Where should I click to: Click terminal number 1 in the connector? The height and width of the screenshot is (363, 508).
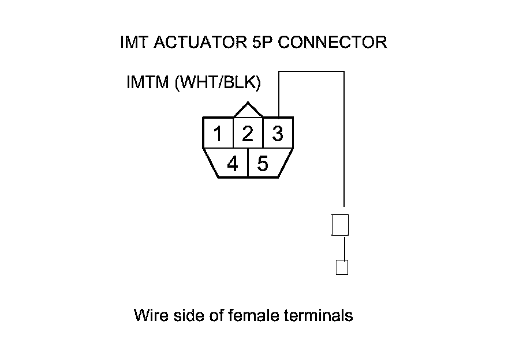(x=218, y=134)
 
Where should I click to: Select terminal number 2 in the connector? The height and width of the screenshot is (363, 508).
(x=248, y=134)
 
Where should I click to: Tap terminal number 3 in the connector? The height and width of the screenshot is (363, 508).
(x=278, y=134)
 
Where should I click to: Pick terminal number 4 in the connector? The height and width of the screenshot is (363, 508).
(x=232, y=164)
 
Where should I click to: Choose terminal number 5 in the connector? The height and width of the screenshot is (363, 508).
(x=263, y=164)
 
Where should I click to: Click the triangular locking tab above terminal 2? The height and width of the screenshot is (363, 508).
(x=248, y=110)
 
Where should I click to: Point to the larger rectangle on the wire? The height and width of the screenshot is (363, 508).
(x=341, y=225)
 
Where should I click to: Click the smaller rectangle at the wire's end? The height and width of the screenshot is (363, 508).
(x=342, y=268)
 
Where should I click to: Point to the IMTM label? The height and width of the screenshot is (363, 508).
(x=148, y=83)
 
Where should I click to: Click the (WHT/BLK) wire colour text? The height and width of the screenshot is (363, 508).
(x=218, y=83)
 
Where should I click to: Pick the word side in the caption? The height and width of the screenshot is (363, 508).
(x=185, y=316)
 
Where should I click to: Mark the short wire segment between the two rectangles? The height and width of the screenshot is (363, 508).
(x=345, y=248)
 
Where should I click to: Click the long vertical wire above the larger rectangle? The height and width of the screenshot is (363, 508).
(x=344, y=144)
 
